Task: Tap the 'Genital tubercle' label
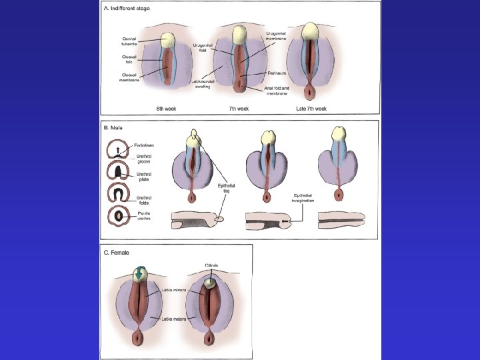tap(129, 41)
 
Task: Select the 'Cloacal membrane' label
tap(129, 77)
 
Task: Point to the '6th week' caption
tap(165, 109)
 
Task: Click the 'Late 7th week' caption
tap(311, 109)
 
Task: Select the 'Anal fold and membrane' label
tap(276, 91)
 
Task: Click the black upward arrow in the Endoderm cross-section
tap(118, 150)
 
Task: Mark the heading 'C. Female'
tap(117, 253)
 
